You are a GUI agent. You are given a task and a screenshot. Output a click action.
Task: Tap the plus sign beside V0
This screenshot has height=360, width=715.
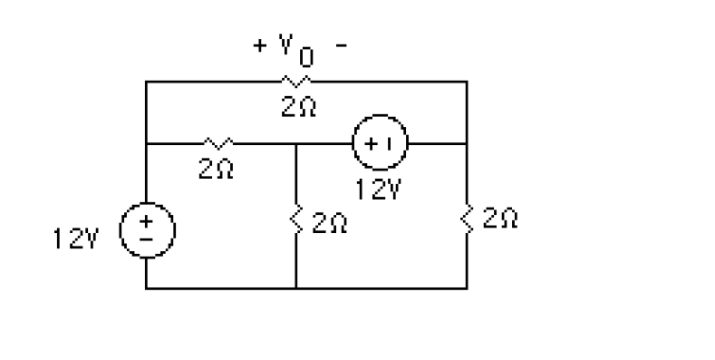coord(260,46)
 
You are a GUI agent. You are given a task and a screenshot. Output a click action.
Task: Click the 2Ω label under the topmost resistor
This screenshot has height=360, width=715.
coord(298,108)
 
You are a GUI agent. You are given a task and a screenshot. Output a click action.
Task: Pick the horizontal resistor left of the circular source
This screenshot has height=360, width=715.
coord(219,142)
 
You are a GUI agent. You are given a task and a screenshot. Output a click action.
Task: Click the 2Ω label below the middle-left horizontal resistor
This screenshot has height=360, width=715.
coord(218,169)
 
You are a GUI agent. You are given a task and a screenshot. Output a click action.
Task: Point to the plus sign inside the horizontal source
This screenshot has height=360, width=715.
coord(371,142)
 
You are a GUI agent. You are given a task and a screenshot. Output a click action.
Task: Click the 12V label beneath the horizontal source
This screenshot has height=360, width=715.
coord(379,190)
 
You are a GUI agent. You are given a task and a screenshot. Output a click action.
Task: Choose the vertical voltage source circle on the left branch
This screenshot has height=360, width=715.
coord(147,231)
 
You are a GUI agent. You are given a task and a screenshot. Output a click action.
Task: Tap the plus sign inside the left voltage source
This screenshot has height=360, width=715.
coord(147,223)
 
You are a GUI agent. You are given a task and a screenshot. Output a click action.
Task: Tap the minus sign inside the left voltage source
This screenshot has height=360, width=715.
coord(147,240)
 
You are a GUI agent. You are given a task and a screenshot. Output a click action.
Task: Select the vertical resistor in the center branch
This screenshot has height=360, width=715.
coord(296,219)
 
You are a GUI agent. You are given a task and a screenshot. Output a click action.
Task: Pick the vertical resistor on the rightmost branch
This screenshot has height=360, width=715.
coord(467,218)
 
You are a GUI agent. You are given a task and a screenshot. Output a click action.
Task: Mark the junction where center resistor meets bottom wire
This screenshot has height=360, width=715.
coord(296,288)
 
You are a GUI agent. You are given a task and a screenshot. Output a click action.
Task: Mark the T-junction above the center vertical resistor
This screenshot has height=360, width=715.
coord(296,142)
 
